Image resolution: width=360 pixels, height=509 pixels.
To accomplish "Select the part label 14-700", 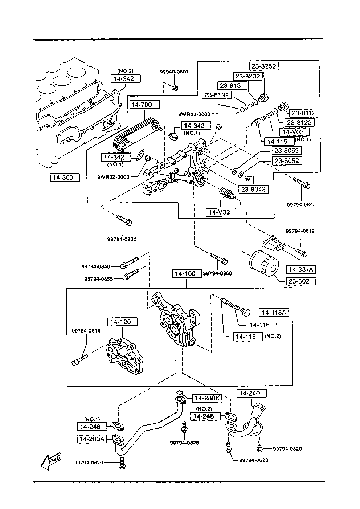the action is coord(145,105).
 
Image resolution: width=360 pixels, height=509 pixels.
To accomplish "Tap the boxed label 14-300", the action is coord(65,178).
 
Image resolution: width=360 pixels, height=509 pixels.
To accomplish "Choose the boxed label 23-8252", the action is coord(264,66).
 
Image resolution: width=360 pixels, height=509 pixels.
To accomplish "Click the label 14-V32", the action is coord(221,212).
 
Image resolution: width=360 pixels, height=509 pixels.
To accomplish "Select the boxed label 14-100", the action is coord(187,274).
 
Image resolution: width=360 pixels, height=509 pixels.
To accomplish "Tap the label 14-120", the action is coord(122,322).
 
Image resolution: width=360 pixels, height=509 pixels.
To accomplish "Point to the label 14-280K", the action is coord(207,398).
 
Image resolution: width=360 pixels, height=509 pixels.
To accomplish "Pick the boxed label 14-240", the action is coord(251,393).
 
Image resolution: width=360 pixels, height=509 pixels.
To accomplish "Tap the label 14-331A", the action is coord(301,269).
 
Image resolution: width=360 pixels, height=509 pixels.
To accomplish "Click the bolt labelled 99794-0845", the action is coord(302,183).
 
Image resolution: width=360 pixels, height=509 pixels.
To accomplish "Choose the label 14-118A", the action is coord(274,313).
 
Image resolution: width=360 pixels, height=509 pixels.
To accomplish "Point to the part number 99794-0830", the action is coord(122,239).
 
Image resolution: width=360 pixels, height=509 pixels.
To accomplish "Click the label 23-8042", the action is coord(253,189).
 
